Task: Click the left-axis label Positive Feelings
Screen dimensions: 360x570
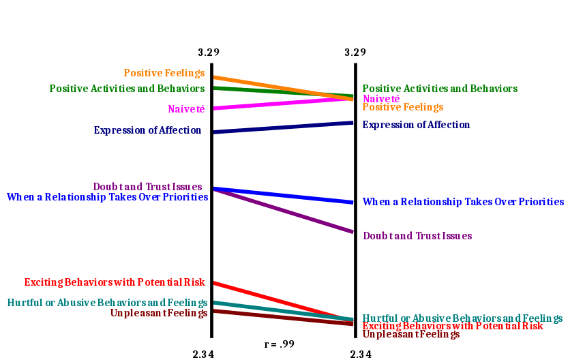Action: coord(164,72)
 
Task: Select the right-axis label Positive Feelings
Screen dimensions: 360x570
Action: coord(403,107)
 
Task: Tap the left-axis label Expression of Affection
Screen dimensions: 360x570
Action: coord(148,130)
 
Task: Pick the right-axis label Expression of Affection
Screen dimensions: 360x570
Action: coord(417,125)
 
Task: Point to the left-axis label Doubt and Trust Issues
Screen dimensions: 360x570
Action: coord(148,186)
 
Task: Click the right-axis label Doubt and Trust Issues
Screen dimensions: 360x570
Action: coord(417,236)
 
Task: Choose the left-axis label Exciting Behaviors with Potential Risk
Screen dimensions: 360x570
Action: coord(115,282)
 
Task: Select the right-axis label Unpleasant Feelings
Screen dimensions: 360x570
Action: coord(411,334)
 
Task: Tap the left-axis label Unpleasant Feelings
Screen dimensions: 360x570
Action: coord(158,313)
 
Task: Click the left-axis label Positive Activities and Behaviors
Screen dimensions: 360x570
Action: coord(127,89)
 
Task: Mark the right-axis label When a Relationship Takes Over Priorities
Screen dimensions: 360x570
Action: coord(464,202)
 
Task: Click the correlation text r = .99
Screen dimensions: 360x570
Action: coord(280,344)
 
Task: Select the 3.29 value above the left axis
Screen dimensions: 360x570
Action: coord(209,52)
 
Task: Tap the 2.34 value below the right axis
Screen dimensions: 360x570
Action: coord(361,354)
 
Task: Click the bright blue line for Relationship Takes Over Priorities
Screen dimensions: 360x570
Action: coord(283,196)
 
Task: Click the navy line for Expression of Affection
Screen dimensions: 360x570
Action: coord(283,127)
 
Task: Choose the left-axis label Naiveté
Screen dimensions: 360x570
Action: coord(185,108)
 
